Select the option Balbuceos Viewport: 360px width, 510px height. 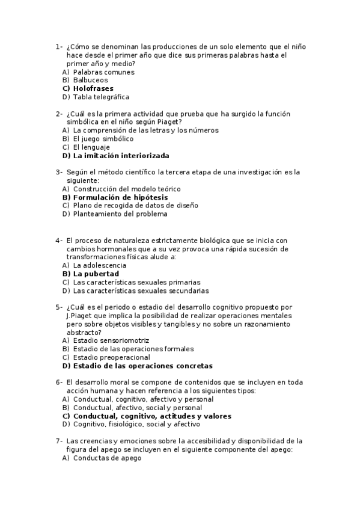point(91,80)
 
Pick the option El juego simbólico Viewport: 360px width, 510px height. point(103,139)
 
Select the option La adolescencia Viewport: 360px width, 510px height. point(100,265)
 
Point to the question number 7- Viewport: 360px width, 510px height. point(59,441)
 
